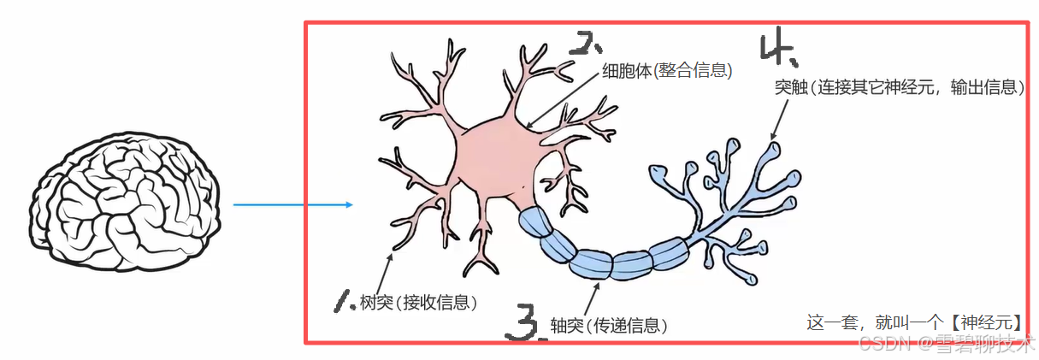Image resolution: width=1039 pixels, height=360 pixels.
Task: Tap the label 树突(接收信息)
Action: (x=418, y=302)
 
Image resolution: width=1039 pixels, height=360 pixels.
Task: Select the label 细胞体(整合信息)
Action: (x=668, y=71)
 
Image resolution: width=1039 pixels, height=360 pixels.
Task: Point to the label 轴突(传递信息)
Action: (x=608, y=325)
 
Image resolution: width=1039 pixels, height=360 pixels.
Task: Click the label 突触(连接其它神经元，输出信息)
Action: (x=898, y=87)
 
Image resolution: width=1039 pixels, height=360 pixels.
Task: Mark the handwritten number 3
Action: (x=523, y=323)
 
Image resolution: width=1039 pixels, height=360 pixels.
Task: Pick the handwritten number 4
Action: (x=777, y=50)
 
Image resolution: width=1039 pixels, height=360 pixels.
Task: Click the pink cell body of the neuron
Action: (x=491, y=162)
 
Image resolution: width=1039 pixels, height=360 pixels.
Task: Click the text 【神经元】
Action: (x=985, y=323)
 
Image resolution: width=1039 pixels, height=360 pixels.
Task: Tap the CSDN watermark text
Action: (x=883, y=344)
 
